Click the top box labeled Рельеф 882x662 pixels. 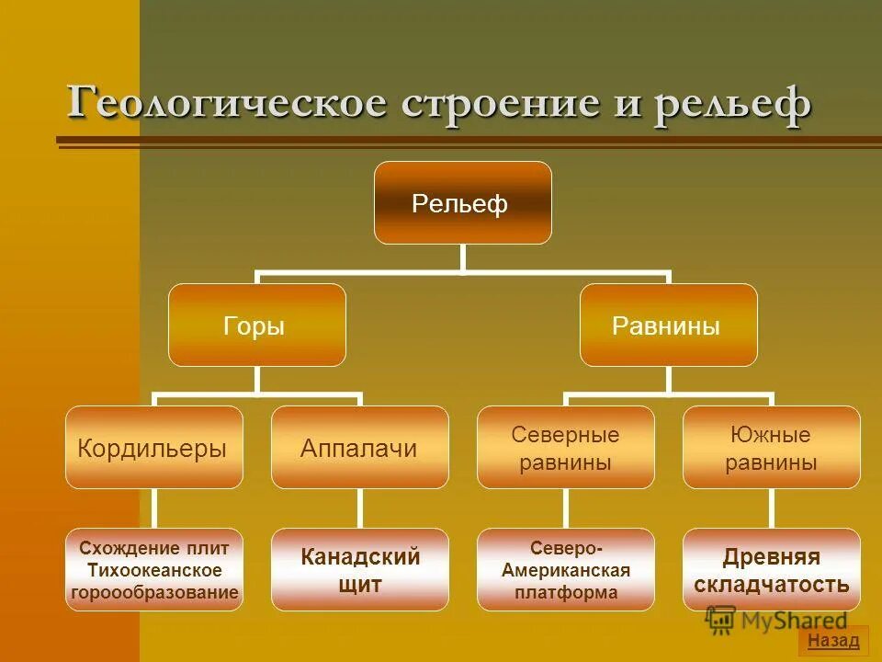point(462,203)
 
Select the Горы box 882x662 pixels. point(256,325)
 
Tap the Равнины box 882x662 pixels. point(668,325)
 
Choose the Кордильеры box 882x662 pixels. point(153,448)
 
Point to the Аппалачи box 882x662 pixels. point(359,448)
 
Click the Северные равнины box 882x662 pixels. point(565,448)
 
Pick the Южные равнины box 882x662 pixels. point(771,448)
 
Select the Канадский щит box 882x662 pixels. point(359,570)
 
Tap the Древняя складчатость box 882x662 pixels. point(771,570)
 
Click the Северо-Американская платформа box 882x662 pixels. point(565,570)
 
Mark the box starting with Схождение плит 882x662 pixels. point(153,570)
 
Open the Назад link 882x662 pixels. point(833,641)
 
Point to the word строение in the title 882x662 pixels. point(487,103)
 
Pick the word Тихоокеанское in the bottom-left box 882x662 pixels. point(154,570)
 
